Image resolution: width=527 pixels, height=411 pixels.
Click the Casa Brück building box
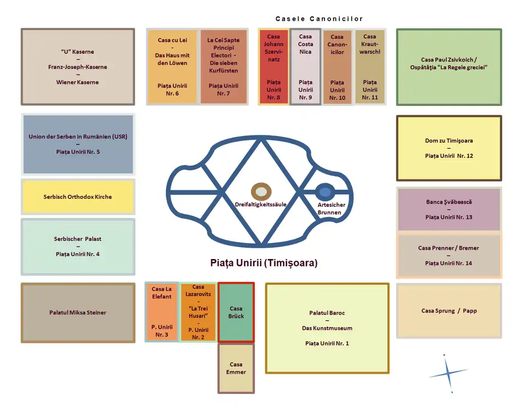pyautogui.click(x=236, y=312)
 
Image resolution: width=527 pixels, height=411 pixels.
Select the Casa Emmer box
pyautogui.click(x=236, y=368)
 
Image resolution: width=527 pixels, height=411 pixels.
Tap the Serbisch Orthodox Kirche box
pyautogui.click(x=77, y=196)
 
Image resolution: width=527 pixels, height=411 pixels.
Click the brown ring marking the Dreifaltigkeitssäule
pyautogui.click(x=261, y=192)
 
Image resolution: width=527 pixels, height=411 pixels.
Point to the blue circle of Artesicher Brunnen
pyautogui.click(x=325, y=192)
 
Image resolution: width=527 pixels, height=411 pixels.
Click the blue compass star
pyautogui.click(x=448, y=374)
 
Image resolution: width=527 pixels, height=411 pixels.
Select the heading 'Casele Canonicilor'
pyautogui.click(x=319, y=19)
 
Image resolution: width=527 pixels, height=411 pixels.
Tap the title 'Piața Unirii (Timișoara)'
pyautogui.click(x=263, y=263)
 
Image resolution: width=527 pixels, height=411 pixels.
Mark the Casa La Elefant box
pyautogui.click(x=161, y=312)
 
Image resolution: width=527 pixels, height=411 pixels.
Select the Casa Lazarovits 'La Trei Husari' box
pyautogui.click(x=198, y=312)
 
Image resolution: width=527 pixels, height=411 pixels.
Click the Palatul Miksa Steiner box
pyautogui.click(x=77, y=313)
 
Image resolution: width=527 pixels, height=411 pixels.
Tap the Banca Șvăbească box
pyautogui.click(x=449, y=209)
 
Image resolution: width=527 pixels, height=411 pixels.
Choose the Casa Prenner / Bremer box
pyautogui.click(x=449, y=256)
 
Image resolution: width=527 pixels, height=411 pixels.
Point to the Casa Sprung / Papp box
pyautogui.click(x=449, y=311)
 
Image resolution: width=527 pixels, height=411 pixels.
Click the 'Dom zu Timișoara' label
pyautogui.click(x=449, y=140)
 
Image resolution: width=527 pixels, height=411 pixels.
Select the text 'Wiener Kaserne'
pyautogui.click(x=77, y=82)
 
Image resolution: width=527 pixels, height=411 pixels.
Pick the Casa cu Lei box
pyautogui.click(x=171, y=67)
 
